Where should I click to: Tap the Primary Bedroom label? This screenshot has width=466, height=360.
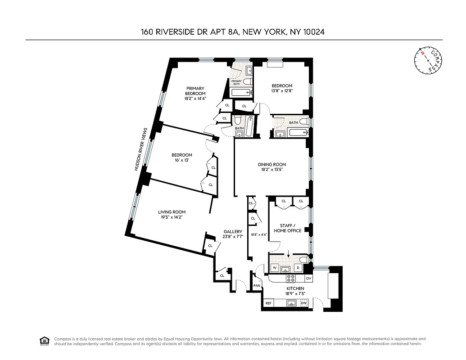click(195, 91)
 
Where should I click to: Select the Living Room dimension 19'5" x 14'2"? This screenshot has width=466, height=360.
click(172, 217)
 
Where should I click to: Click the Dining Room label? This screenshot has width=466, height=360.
click(272, 165)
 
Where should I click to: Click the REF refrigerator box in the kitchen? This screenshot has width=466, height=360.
click(268, 303)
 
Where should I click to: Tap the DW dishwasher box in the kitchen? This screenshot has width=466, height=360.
click(303, 303)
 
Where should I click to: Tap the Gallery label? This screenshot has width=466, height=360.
click(233, 232)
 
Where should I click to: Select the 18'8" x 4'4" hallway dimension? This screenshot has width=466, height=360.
click(259, 234)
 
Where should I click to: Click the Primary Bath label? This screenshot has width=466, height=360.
click(237, 82)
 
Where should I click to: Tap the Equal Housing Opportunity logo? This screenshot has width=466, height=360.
click(44, 341)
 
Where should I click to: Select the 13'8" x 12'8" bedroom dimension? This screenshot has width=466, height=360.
click(281, 91)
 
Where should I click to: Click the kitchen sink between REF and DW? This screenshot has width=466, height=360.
click(291, 303)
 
